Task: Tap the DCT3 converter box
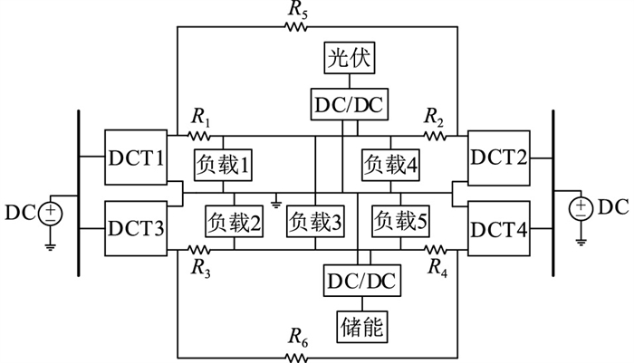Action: (136, 225)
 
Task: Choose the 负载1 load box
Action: (223, 165)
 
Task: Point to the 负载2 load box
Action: (235, 220)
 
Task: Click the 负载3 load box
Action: (314, 220)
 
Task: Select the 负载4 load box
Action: (390, 165)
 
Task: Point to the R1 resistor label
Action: (200, 117)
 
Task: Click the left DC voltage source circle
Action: (51, 214)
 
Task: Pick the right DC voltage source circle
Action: (580, 208)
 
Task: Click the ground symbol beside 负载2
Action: (275, 198)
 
